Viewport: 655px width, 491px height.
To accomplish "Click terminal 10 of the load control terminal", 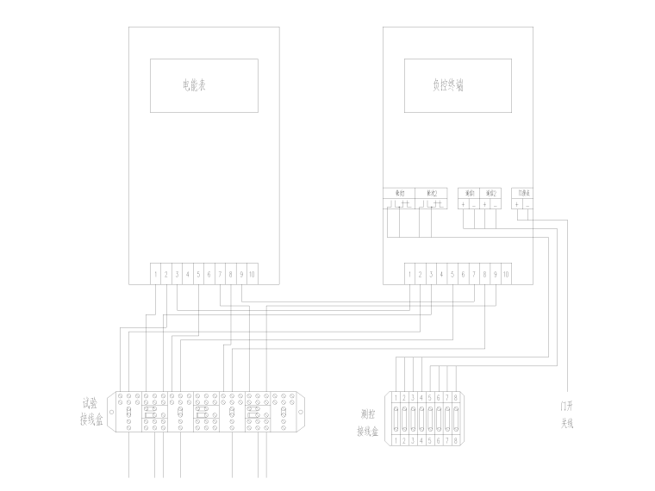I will pyautogui.click(x=506, y=274).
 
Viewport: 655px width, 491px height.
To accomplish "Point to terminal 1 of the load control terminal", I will pyautogui.click(x=409, y=274).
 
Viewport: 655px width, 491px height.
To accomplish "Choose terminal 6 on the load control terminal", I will pyautogui.click(x=463, y=274).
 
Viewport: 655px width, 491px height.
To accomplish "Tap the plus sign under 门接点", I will pyautogui.click(x=516, y=204).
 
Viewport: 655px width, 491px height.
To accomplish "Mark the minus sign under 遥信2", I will pyautogui.click(x=496, y=204).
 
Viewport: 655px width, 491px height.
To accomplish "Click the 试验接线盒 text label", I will pyautogui.click(x=90, y=411).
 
